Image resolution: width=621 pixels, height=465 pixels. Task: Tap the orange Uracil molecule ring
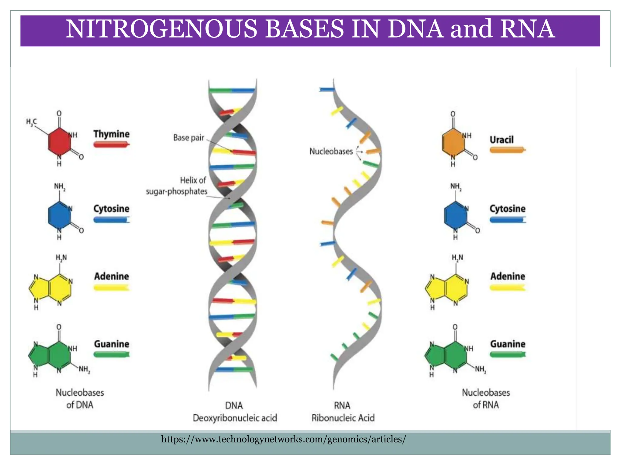pyautogui.click(x=453, y=142)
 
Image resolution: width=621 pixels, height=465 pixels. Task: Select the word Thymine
pyautogui.click(x=111, y=134)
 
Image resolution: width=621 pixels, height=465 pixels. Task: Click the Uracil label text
pyautogui.click(x=502, y=140)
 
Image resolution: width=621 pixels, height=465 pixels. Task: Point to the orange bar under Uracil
pyautogui.click(x=507, y=150)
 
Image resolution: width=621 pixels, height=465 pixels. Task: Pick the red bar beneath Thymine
pyautogui.click(x=111, y=144)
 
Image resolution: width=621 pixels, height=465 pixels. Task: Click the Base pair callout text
pyautogui.click(x=189, y=138)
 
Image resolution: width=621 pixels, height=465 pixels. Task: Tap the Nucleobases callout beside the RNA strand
pyautogui.click(x=331, y=151)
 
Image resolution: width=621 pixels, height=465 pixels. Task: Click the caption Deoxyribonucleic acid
pyautogui.click(x=235, y=418)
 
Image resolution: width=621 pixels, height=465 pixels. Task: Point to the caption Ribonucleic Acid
pyautogui.click(x=343, y=418)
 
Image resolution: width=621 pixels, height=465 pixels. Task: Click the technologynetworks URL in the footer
pyautogui.click(x=283, y=439)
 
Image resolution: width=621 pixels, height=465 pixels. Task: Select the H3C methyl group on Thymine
pyautogui.click(x=31, y=122)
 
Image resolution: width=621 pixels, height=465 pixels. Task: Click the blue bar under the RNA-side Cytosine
pyautogui.click(x=507, y=220)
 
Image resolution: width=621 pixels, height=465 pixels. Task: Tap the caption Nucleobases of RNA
pyautogui.click(x=486, y=399)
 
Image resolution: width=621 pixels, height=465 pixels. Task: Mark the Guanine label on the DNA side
pyautogui.click(x=111, y=344)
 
